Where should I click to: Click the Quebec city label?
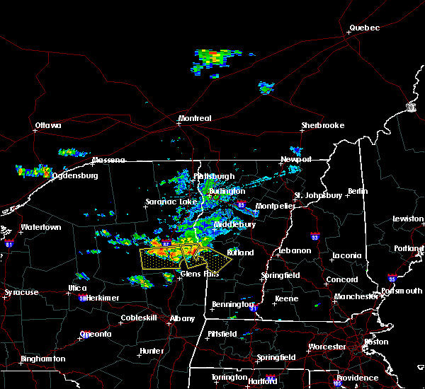click(364, 28)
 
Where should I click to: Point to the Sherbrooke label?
click(322, 126)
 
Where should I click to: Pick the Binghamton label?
click(42, 359)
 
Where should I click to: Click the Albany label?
click(182, 319)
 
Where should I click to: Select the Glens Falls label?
click(195, 274)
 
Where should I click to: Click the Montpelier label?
click(274, 206)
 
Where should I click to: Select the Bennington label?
click(232, 305)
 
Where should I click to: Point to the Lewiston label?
click(409, 219)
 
